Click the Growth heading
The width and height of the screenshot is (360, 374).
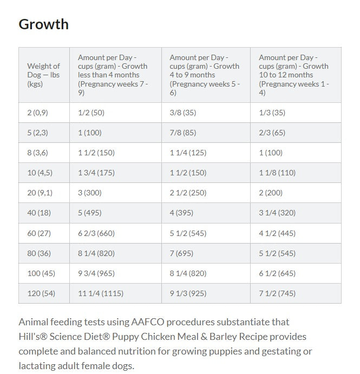(x=44, y=24)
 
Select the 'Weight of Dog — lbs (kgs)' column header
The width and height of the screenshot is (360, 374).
(x=43, y=75)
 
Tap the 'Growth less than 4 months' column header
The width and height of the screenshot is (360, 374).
(x=113, y=75)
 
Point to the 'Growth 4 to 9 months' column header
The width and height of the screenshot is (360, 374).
(x=205, y=75)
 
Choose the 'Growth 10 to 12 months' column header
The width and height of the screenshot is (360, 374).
(x=294, y=75)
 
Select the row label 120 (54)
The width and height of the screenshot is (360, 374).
(x=41, y=293)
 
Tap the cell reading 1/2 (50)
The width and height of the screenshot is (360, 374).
(x=91, y=113)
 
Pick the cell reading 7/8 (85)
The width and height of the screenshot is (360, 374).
(x=183, y=133)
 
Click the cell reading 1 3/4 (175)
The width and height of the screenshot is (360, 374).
(x=96, y=173)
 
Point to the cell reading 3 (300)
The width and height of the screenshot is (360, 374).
(x=90, y=193)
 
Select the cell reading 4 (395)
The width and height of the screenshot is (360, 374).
(x=181, y=213)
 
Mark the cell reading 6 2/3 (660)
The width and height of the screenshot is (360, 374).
(x=96, y=233)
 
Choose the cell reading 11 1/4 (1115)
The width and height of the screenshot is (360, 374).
(x=101, y=293)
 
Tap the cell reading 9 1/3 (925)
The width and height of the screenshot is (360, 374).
(x=188, y=293)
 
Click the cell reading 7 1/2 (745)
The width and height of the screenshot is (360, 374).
(x=277, y=293)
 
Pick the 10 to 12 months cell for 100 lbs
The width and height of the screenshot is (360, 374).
(x=277, y=273)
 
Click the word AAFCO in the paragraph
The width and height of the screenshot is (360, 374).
(x=148, y=322)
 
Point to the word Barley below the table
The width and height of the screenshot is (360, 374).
(x=223, y=337)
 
